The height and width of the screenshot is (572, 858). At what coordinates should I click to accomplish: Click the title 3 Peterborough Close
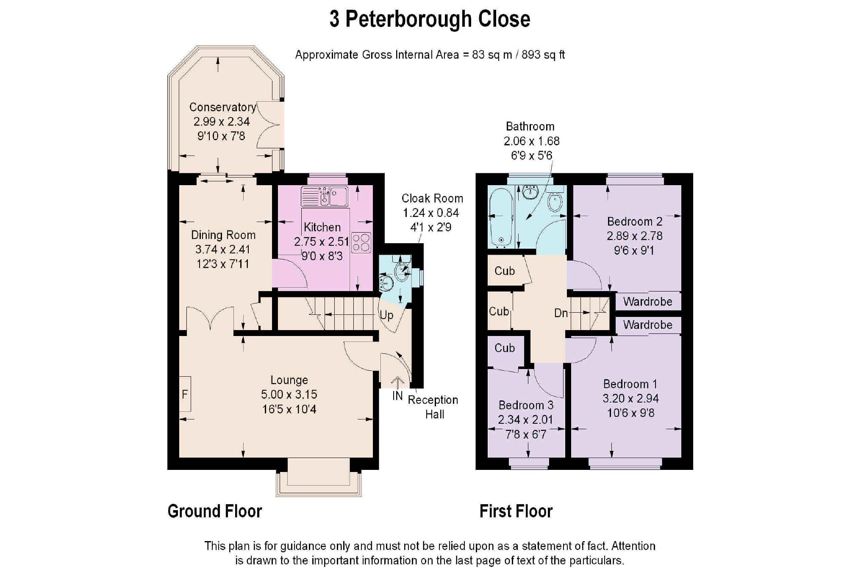click(430, 19)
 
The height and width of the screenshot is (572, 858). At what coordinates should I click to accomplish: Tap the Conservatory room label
click(222, 107)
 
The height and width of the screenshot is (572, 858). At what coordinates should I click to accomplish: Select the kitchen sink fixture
click(325, 196)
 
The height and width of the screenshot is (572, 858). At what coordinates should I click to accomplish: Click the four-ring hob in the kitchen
click(361, 243)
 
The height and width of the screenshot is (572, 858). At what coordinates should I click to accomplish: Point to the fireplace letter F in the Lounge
click(185, 394)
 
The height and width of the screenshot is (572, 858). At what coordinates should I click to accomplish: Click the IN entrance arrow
click(397, 383)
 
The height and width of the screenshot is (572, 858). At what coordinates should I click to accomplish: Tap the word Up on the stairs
click(386, 315)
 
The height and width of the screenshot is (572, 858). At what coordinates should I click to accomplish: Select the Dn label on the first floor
click(561, 313)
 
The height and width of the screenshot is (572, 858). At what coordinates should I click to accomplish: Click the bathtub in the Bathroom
click(501, 218)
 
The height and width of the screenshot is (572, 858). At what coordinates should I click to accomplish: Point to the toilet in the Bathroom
click(555, 202)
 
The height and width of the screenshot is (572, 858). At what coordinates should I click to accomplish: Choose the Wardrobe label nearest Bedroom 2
click(647, 302)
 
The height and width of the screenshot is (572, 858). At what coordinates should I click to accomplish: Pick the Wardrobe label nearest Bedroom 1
click(647, 325)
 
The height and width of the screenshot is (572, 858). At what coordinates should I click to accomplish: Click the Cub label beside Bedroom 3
click(505, 348)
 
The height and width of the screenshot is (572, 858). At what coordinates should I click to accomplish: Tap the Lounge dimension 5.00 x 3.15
click(289, 394)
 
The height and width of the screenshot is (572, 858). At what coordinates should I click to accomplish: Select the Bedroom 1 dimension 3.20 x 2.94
click(630, 398)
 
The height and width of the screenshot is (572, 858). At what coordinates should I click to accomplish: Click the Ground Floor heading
click(215, 511)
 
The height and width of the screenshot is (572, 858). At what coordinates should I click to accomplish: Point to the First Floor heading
click(516, 511)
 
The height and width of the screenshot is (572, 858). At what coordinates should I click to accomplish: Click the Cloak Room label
click(432, 198)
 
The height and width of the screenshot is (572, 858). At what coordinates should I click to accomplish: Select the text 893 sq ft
click(543, 55)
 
